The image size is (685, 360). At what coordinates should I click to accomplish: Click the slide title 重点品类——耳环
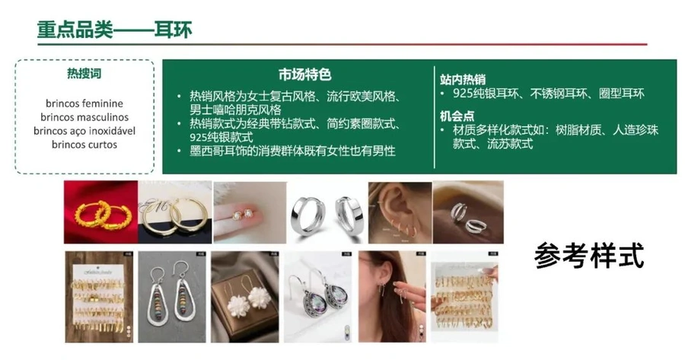tap(114, 30)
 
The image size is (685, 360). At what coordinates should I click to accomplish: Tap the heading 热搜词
tap(84, 73)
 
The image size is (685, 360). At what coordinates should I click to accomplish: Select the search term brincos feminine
tap(84, 104)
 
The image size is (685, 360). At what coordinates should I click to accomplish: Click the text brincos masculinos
tap(84, 117)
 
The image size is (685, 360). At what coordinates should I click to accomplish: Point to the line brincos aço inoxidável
tap(84, 131)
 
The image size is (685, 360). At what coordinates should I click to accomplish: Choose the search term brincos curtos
tap(84, 144)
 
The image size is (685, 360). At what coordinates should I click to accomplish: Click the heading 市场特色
tap(305, 75)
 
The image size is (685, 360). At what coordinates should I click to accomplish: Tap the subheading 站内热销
tap(463, 79)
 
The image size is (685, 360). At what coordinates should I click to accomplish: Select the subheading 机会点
tap(457, 116)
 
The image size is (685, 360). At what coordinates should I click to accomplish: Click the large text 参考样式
tap(589, 255)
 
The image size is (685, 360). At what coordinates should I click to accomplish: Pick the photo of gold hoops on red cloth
tap(101, 212)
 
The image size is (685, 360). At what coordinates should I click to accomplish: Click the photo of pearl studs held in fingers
tap(250, 212)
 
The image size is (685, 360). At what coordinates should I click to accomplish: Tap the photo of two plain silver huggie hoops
tap(327, 212)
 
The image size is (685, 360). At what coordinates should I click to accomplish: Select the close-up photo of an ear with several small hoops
tap(400, 212)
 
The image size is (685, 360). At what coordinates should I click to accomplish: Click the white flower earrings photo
tap(245, 297)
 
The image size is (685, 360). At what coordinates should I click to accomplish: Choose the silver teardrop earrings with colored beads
tap(172, 297)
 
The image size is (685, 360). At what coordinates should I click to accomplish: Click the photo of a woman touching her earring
tap(392, 297)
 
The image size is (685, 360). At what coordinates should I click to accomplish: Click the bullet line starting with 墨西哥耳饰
tap(292, 151)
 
